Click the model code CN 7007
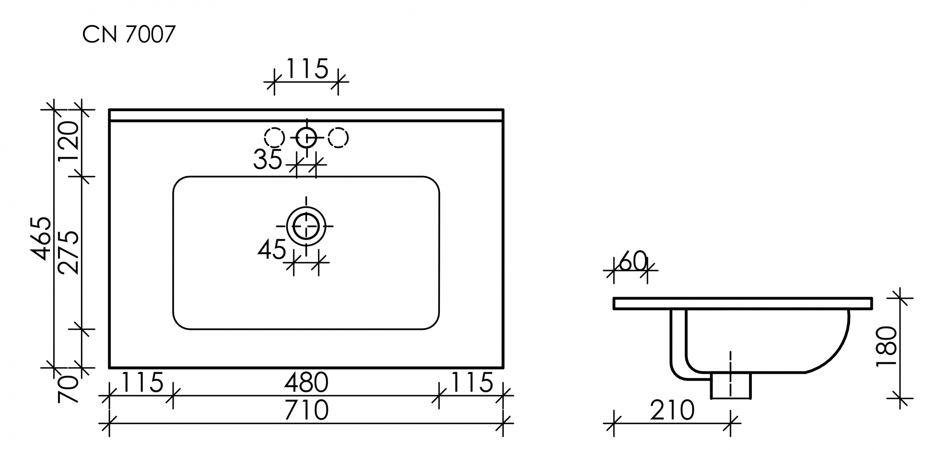129,35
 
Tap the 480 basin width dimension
306,383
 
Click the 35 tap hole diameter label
268,160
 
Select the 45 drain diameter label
272,251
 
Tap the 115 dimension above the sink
307,70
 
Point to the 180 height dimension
887,347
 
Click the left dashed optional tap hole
274,138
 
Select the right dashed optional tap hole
338,138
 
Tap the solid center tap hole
306,138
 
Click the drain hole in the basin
306,226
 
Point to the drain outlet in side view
731,386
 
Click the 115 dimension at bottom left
142,383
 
